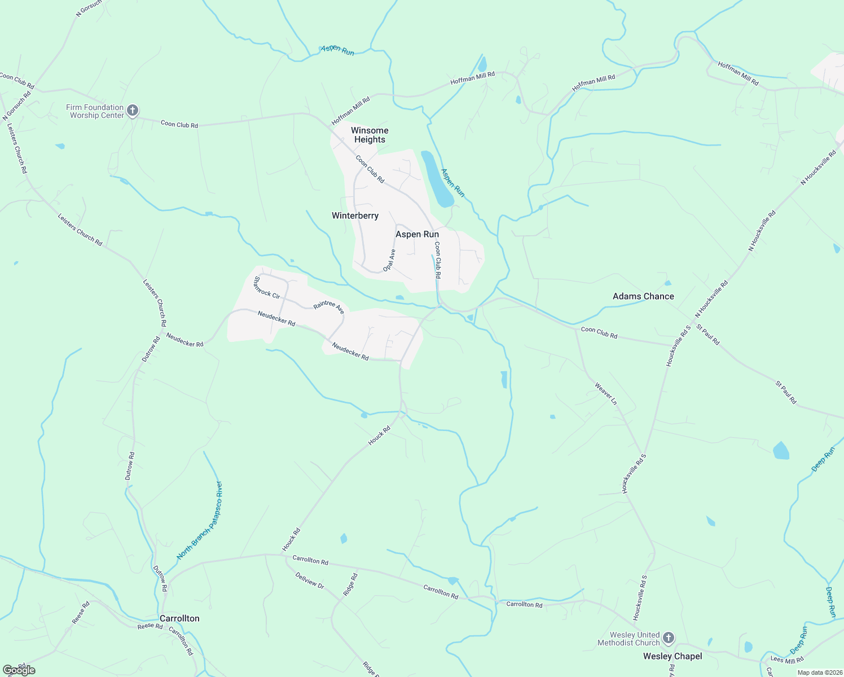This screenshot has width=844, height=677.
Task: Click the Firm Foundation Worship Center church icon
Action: (x=133, y=111)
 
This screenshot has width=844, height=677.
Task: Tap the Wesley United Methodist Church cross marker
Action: (x=668, y=638)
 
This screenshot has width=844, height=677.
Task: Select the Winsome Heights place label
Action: (x=370, y=135)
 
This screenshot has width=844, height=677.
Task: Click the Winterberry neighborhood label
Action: (x=355, y=216)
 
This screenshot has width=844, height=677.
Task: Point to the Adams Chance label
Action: (x=643, y=296)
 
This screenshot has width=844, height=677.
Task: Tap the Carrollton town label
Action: (x=179, y=618)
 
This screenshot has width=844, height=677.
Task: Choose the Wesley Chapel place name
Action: (x=672, y=656)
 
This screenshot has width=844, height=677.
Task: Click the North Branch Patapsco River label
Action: (x=200, y=520)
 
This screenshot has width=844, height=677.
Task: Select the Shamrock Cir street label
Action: (x=267, y=287)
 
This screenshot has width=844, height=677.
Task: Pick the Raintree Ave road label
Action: (x=329, y=307)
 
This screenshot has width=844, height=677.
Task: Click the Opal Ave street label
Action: (x=389, y=260)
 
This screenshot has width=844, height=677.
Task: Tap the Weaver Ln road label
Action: (x=606, y=393)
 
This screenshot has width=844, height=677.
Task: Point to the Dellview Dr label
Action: (x=310, y=581)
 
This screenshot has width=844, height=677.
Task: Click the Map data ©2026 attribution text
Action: (x=819, y=672)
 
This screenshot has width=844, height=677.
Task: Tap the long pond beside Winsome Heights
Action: (x=437, y=178)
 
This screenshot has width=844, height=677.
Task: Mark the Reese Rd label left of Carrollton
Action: (x=150, y=626)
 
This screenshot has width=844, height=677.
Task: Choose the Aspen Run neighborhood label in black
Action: (x=417, y=234)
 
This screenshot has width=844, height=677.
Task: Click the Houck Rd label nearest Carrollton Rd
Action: (x=291, y=539)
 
